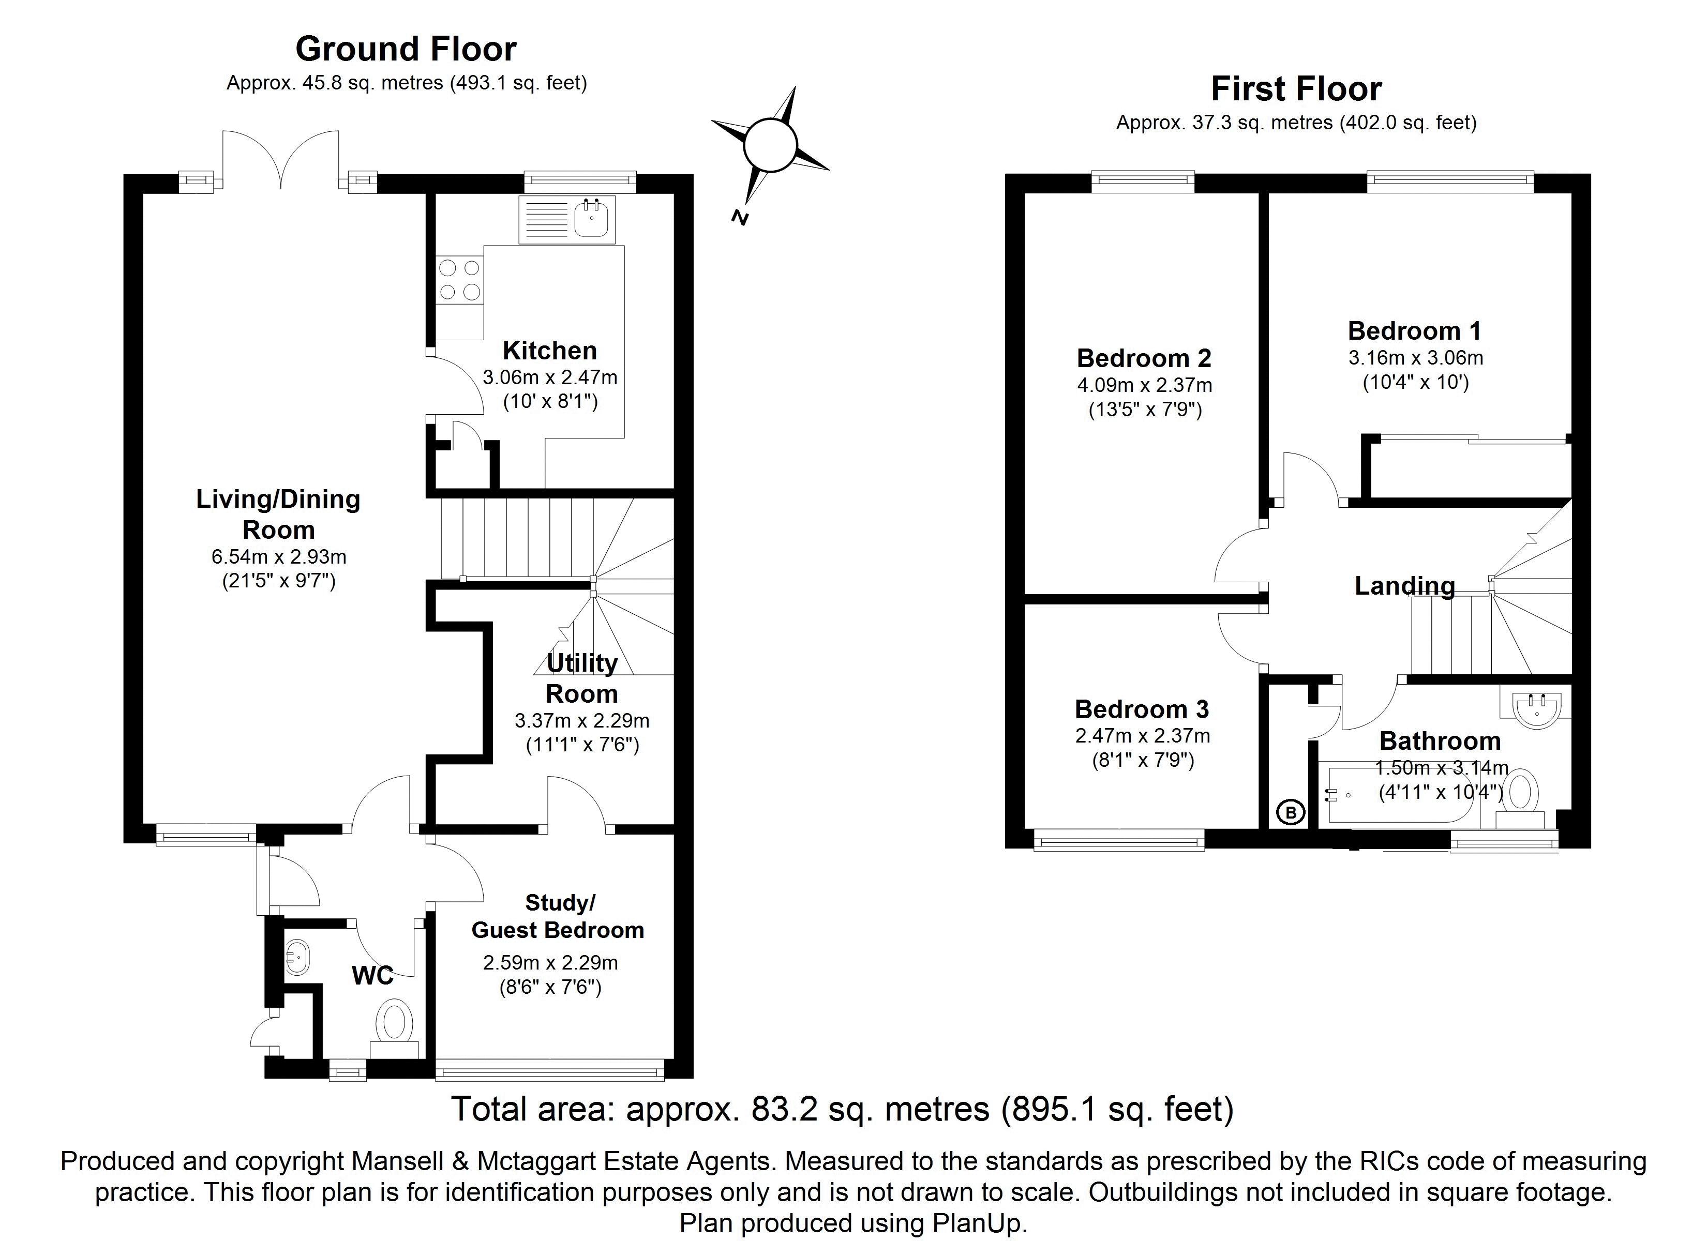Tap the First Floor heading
pyautogui.click(x=1296, y=89)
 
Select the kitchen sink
pyautogui.click(x=592, y=218)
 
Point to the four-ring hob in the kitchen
pyautogui.click(x=459, y=280)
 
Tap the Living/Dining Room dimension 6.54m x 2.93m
pyautogui.click(x=278, y=557)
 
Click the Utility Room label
pyautogui.click(x=582, y=678)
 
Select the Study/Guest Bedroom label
pyautogui.click(x=558, y=917)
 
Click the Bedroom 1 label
pyautogui.click(x=1414, y=331)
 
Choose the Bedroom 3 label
pyautogui.click(x=1142, y=709)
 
